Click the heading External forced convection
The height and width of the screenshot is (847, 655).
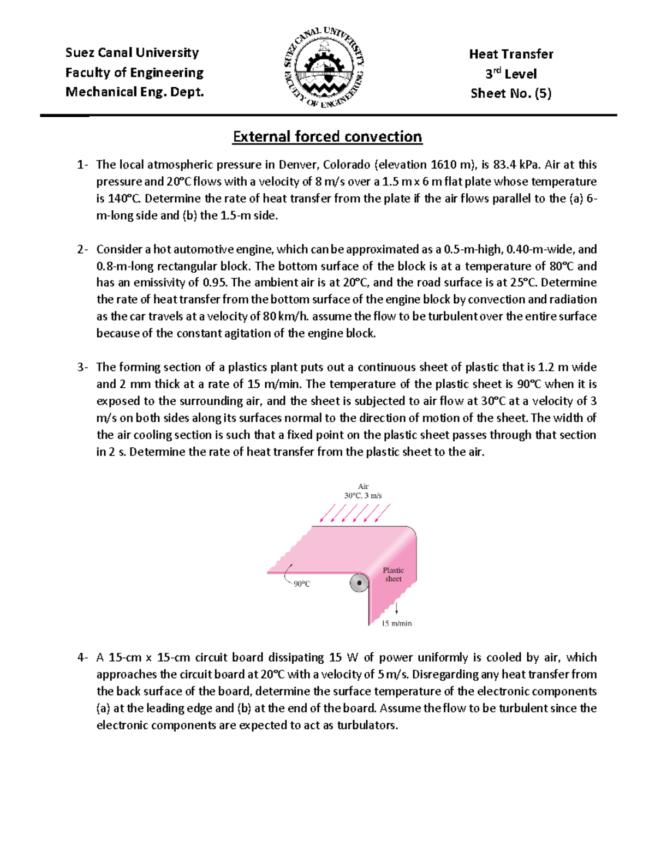coord(327,136)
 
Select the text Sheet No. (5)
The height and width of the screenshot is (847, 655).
coord(511,93)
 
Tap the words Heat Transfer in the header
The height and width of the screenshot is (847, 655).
coord(511,54)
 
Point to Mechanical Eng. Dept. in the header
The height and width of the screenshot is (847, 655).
coord(134,92)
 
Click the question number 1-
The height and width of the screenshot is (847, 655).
coord(82,165)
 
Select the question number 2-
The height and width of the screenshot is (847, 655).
coord(82,249)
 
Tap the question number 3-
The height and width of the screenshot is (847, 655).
coord(82,367)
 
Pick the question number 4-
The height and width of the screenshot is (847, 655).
coord(82,657)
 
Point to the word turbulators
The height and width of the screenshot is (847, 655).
coord(367,725)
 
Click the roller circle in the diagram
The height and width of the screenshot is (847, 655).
coord(359,584)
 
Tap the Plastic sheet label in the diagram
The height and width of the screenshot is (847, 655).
coord(393,574)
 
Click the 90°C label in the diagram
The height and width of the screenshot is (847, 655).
coord(302,584)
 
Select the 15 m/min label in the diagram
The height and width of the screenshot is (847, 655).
coord(396,623)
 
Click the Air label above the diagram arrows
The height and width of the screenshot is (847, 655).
coord(363,486)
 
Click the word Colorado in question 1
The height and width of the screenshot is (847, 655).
coord(347,165)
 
